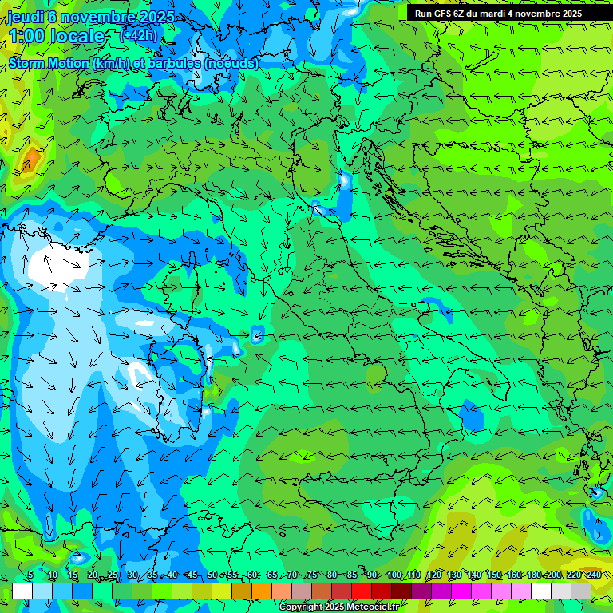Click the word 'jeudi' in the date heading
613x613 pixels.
tap(25, 17)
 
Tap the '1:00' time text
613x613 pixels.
tap(26, 36)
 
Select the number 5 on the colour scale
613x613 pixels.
tap(30, 575)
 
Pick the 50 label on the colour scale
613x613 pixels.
tap(212, 575)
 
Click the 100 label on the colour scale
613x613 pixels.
tap(394, 575)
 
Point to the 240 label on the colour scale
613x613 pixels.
tap(593, 575)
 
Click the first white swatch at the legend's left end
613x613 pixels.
tap(22, 591)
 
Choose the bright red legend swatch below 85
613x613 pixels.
tap(362, 591)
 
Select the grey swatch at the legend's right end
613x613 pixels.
tap(581, 591)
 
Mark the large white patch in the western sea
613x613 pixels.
tap(56, 267)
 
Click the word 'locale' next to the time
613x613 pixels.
tap(77, 36)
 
